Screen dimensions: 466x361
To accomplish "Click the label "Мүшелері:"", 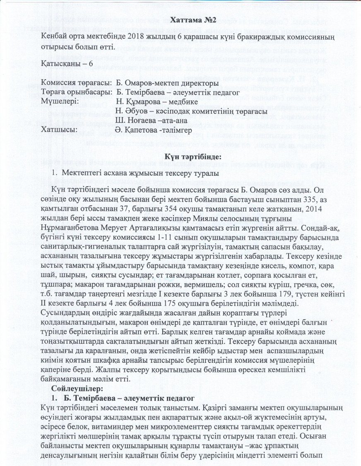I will tap(59, 102).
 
